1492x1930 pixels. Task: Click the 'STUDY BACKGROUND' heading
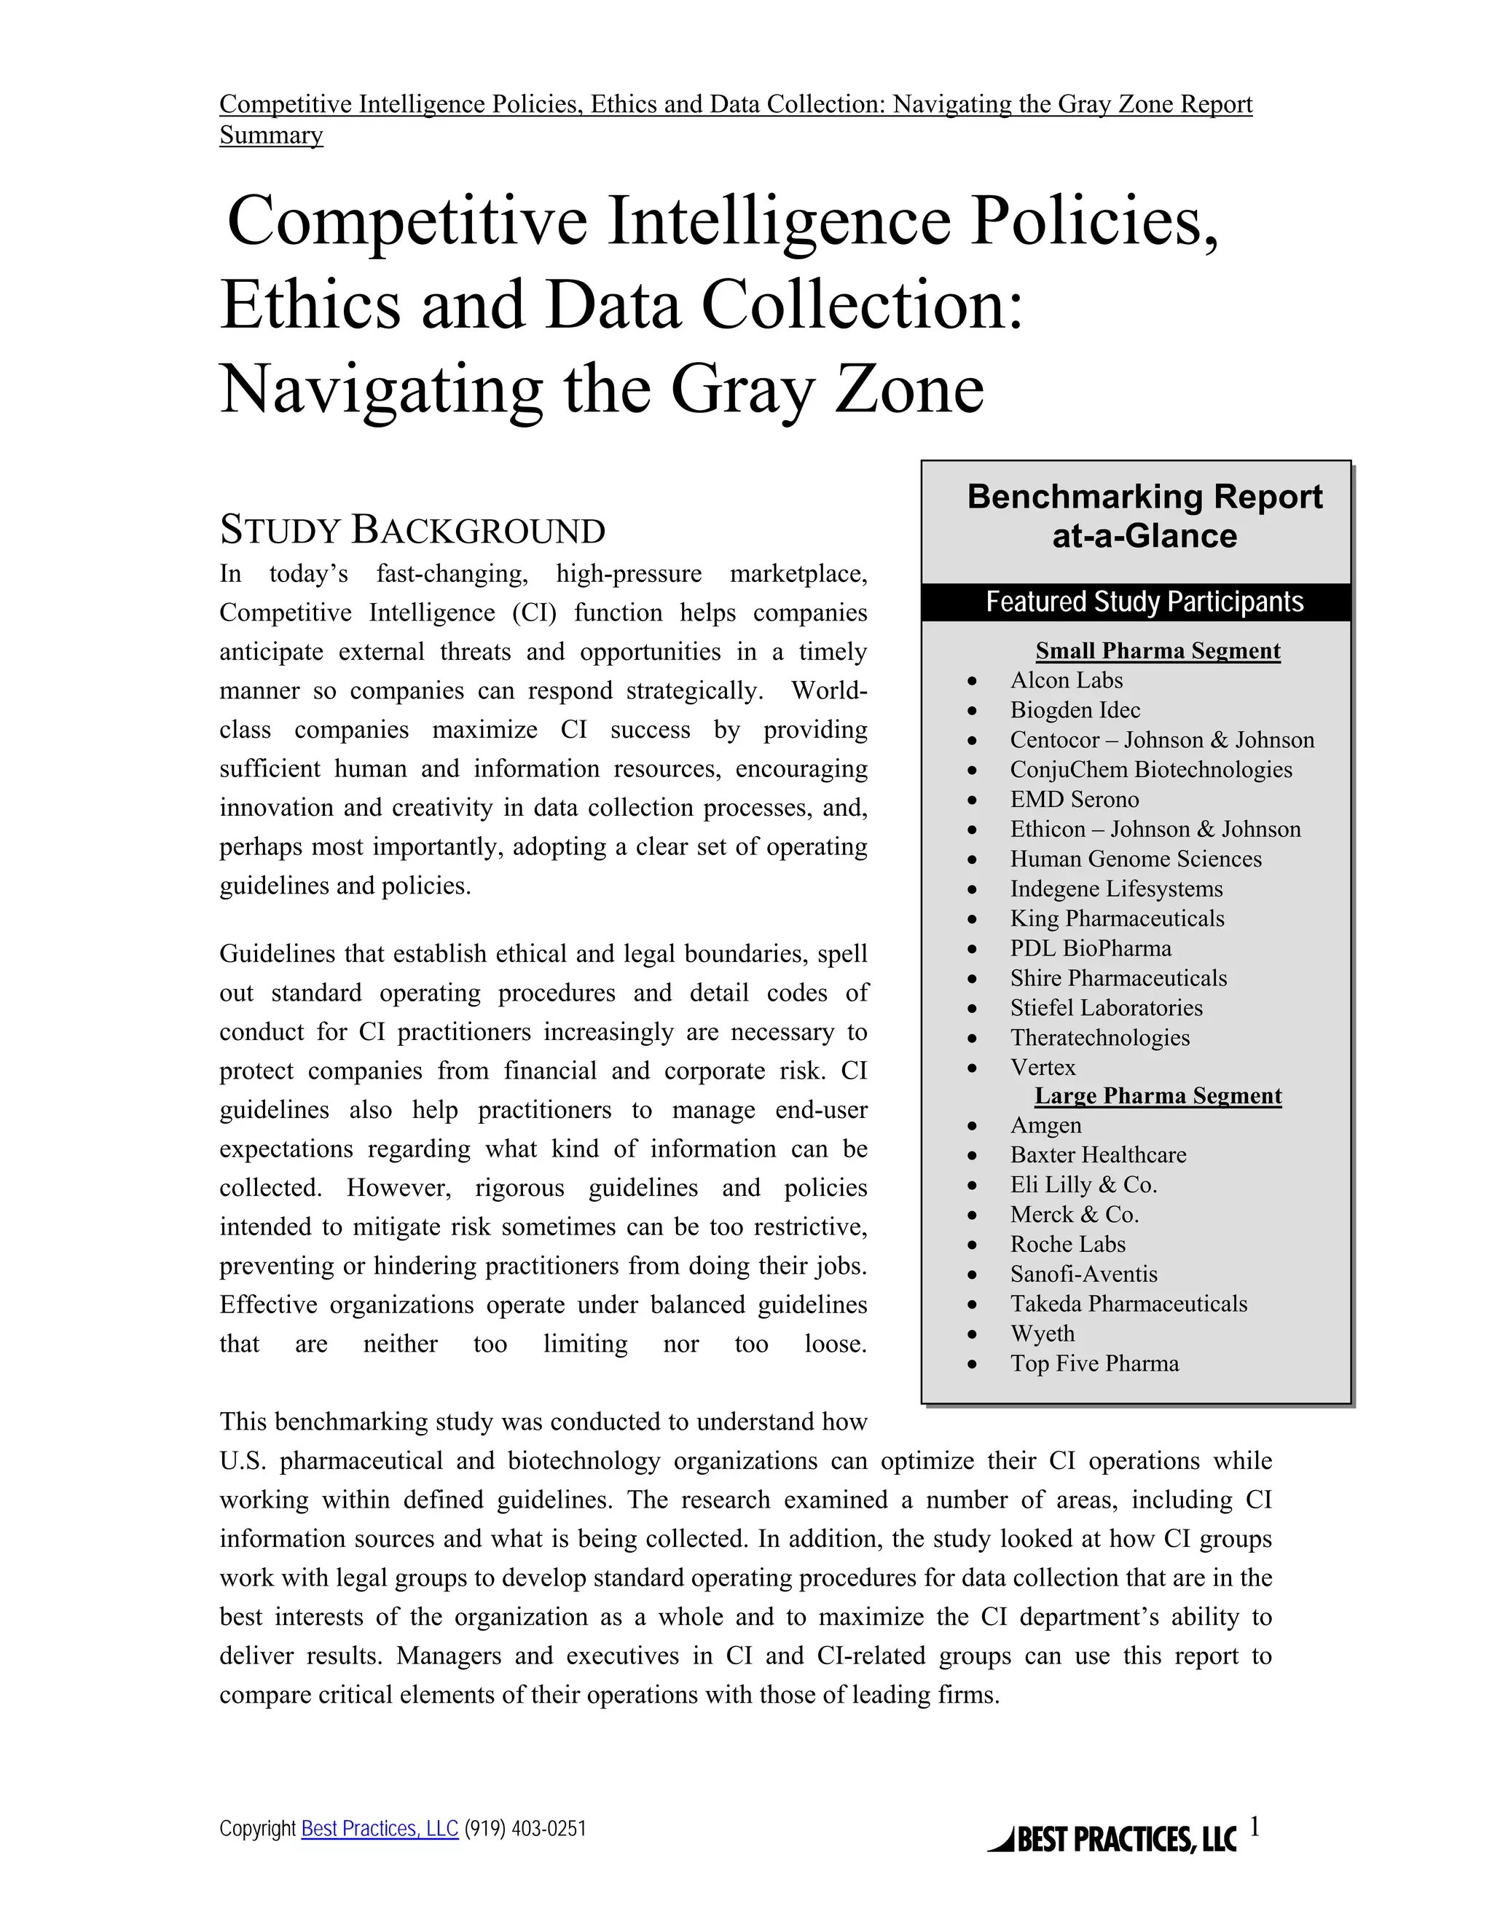coord(412,530)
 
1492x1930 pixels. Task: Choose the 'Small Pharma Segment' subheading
coord(1157,650)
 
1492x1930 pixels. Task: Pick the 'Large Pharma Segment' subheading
coord(1157,1096)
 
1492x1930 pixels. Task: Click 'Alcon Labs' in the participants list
coord(1066,680)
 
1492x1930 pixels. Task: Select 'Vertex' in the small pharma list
coord(1043,1068)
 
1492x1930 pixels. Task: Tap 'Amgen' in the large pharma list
coord(1045,1126)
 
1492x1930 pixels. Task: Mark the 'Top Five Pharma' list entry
coord(1094,1363)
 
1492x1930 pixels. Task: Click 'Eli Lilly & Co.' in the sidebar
coord(1083,1185)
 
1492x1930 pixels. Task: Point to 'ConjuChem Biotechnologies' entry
coord(1151,770)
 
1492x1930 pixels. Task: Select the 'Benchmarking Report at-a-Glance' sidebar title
coord(1144,516)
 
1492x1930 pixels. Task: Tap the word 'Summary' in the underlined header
coord(271,135)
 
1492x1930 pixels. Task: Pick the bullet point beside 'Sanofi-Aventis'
coord(973,1275)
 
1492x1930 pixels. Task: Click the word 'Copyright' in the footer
coord(257,1828)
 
